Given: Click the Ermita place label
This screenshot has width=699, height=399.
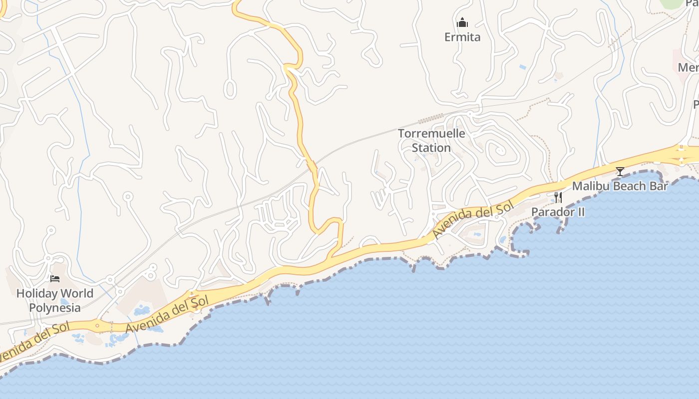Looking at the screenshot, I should (462, 37).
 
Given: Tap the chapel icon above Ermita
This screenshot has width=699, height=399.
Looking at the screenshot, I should (462, 23).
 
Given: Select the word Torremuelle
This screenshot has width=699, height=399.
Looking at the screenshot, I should (431, 134).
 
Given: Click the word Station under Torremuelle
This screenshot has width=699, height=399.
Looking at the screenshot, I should (431, 148).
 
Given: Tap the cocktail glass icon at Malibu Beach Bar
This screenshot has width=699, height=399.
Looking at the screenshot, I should (620, 172).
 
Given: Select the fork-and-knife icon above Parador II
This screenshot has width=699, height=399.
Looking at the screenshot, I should (558, 198).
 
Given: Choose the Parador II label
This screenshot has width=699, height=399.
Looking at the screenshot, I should (558, 212).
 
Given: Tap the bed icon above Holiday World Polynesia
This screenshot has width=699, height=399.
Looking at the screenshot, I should (55, 279).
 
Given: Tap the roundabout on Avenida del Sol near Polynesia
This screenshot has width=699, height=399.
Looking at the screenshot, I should (97, 327).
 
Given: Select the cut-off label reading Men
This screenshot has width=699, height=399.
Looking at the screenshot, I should (689, 67).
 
